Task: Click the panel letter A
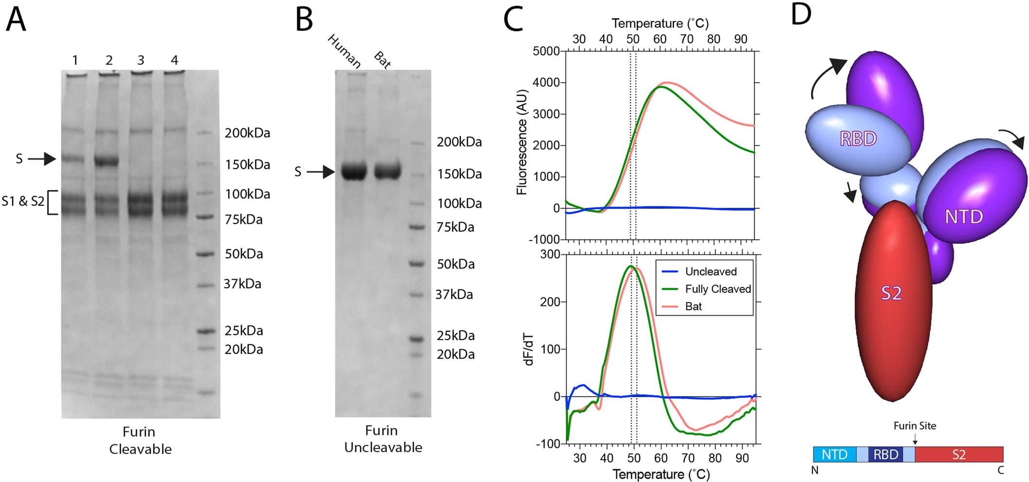pos(16,20)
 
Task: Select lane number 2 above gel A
pos(109,60)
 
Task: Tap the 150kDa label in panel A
pos(247,165)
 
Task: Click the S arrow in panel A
pos(42,159)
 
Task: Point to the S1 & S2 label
pos(23,201)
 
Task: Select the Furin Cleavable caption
pos(140,440)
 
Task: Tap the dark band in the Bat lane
pos(387,171)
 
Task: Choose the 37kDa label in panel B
pos(454,295)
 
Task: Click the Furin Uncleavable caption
pos(383,439)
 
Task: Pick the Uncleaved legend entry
pos(710,271)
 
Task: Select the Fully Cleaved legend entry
pos(718,289)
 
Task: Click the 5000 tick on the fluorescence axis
pos(546,52)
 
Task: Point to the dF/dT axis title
pos(529,349)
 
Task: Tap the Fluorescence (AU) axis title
pos(522,142)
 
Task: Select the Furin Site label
pos(915,426)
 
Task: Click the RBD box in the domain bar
pos(885,454)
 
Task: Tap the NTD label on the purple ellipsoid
pos(963,217)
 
